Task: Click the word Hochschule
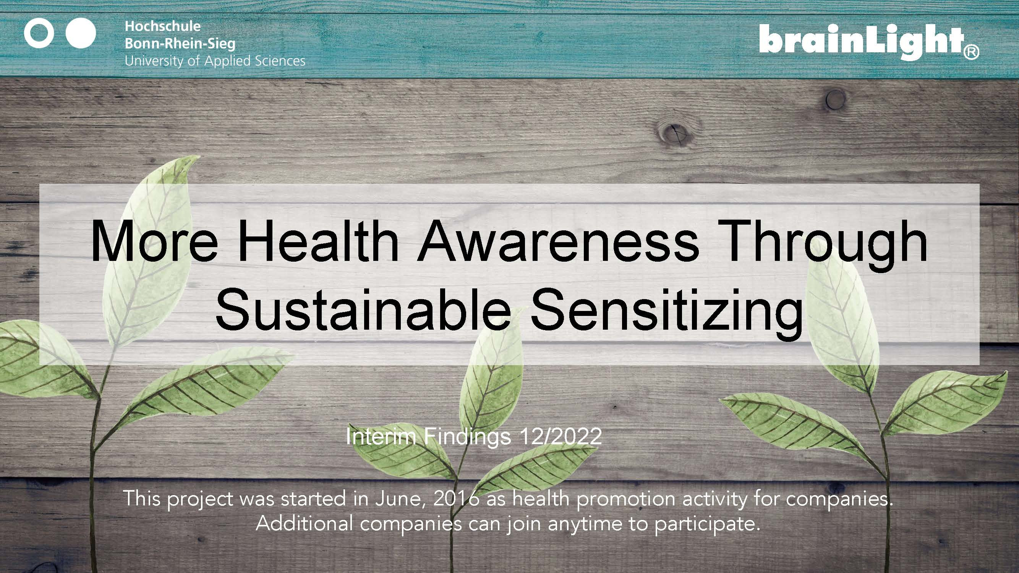(163, 26)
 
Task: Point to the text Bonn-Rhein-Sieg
(180, 44)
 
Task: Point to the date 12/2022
(561, 437)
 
